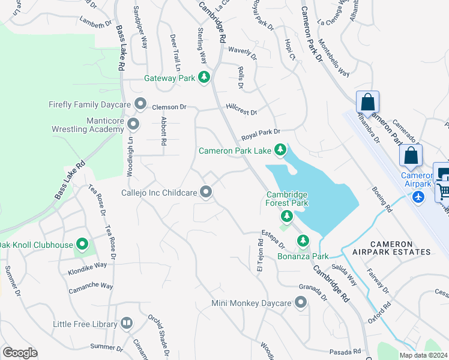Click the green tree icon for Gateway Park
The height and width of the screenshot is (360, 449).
coord(205,77)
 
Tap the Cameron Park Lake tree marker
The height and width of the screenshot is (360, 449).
coord(280,149)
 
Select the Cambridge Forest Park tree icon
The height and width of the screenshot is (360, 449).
coord(287,215)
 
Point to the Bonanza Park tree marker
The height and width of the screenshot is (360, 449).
coord(303,241)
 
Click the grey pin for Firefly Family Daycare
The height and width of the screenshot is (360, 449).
coord(140,104)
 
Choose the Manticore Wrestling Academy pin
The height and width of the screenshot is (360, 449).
coord(133,124)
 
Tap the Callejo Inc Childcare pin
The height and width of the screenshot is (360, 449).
coord(206,192)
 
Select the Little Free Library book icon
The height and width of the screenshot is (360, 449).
coord(127,323)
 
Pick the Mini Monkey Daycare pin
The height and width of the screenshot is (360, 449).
coord(301,303)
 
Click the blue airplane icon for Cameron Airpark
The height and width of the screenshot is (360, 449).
coord(419,196)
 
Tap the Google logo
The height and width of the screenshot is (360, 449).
coord(20,352)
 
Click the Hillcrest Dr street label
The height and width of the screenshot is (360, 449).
coord(241,112)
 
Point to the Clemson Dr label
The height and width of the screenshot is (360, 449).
coord(169,107)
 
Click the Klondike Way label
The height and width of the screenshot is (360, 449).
coord(92,264)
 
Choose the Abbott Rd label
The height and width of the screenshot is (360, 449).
coord(163,131)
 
